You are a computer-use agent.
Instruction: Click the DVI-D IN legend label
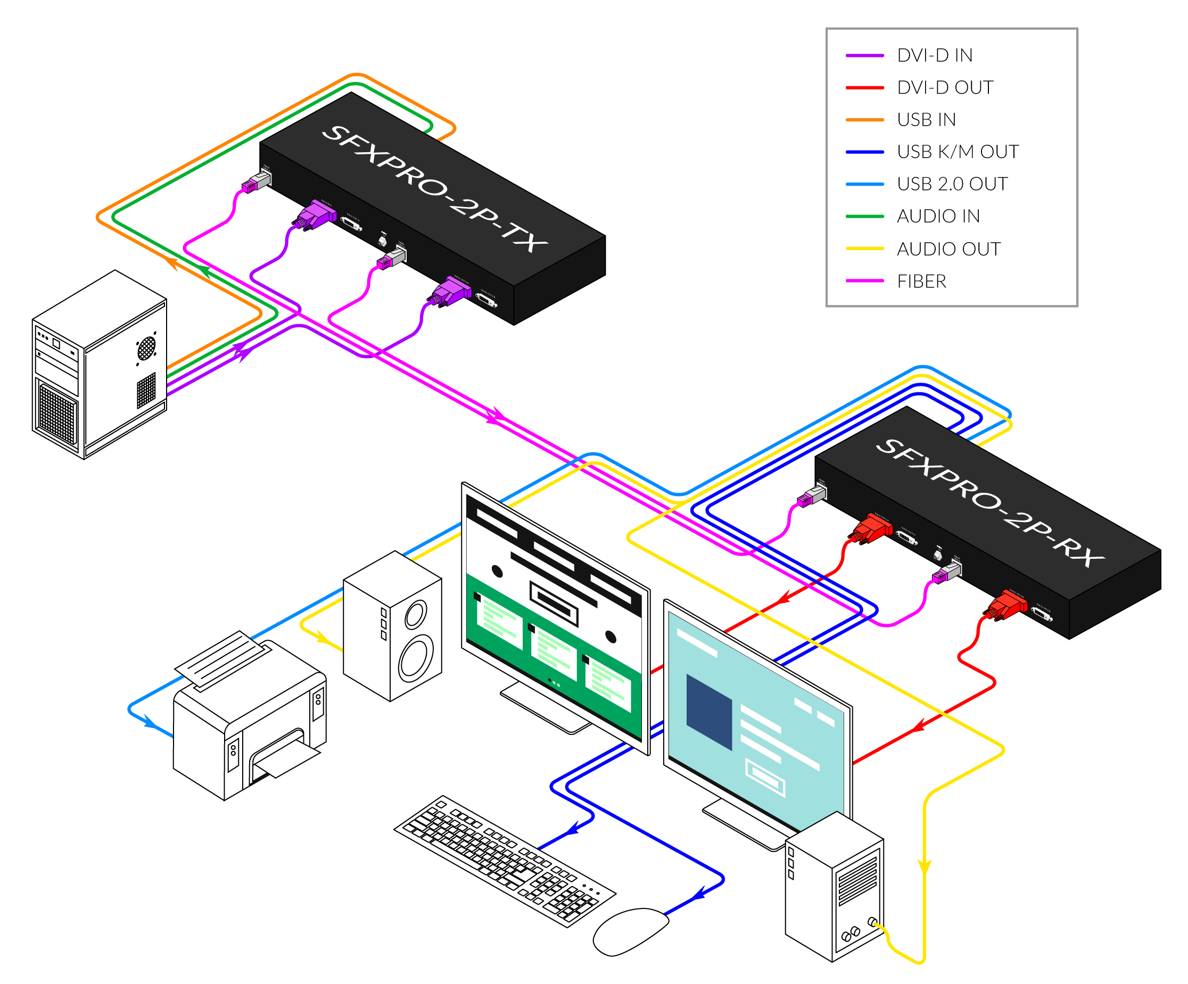point(935,55)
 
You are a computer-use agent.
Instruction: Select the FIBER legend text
point(921,281)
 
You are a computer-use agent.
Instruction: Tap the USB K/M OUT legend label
point(957,152)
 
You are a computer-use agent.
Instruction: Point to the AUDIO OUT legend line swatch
point(864,249)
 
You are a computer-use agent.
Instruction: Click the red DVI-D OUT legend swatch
point(864,88)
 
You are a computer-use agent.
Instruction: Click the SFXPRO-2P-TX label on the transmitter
point(434,188)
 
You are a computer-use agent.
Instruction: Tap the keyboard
point(504,859)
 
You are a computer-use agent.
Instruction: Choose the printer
point(249,724)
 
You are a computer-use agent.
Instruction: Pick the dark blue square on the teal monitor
point(709,712)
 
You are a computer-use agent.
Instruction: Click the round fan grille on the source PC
point(146,348)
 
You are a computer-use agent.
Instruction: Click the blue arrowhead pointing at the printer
point(151,723)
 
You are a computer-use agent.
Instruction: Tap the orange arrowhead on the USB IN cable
point(170,262)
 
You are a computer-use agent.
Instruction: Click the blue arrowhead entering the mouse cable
point(699,894)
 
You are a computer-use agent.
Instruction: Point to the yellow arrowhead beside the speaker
point(323,639)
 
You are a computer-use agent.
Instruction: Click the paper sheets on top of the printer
point(224,659)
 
